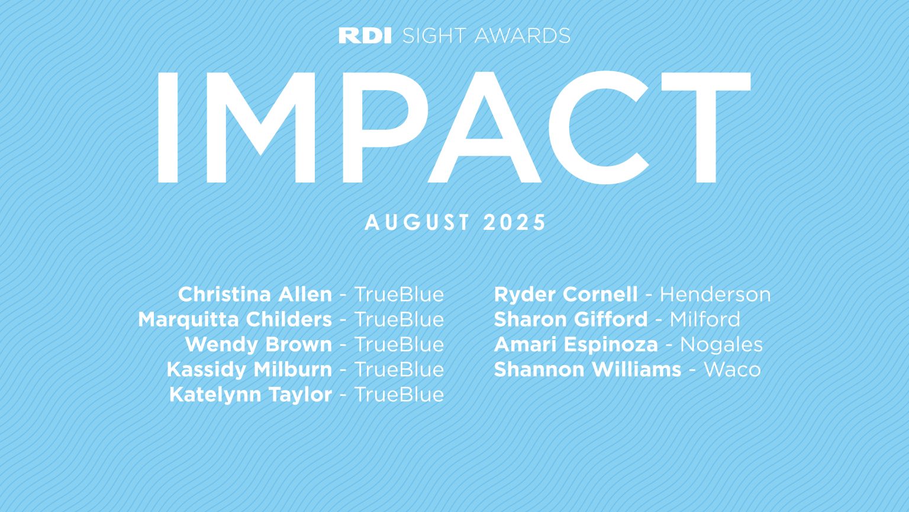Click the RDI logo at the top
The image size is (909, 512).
point(365,36)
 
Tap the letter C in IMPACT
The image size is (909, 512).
point(598,127)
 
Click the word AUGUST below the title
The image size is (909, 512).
point(417,223)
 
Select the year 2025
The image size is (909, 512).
point(514,223)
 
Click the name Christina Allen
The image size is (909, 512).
point(255,295)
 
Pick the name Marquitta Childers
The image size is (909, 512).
point(235,319)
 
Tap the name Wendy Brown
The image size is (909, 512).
point(259,344)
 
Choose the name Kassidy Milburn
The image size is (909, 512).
point(249,369)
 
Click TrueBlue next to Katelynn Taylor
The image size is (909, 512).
point(399,395)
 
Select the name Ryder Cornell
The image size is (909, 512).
point(566,295)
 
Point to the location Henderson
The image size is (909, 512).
point(715,295)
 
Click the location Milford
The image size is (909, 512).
point(705,319)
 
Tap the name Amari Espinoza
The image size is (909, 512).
point(576,344)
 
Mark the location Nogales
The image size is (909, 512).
point(721,344)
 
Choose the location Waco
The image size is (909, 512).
point(732,370)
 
